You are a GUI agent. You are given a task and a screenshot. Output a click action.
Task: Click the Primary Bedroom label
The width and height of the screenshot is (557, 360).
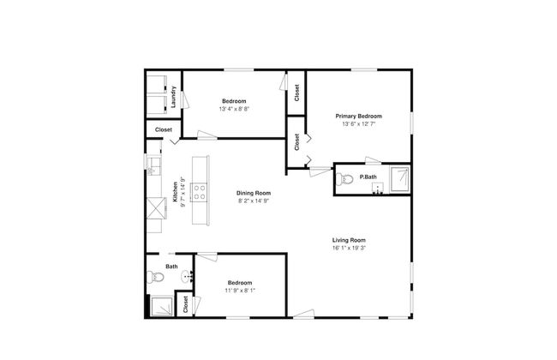click(x=359, y=117)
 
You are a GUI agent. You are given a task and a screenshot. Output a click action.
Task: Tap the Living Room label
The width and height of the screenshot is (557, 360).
click(x=349, y=240)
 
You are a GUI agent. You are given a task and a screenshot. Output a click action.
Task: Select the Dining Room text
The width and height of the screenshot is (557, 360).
click(x=254, y=194)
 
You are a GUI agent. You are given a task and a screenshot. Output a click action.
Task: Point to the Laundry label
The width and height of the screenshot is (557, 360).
click(x=174, y=97)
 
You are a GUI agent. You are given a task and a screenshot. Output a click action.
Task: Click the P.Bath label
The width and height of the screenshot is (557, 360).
click(x=368, y=177)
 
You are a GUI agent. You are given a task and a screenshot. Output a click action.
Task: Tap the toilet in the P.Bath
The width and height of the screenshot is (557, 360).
click(x=344, y=179)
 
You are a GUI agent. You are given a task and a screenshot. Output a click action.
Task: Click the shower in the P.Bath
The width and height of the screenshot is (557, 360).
click(x=400, y=179)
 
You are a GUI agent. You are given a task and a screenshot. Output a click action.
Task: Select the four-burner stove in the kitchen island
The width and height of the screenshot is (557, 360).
click(x=199, y=192)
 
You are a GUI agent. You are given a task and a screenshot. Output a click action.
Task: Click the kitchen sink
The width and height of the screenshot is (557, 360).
click(x=153, y=166)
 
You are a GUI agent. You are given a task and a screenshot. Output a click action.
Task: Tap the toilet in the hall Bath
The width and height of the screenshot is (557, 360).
click(x=155, y=277)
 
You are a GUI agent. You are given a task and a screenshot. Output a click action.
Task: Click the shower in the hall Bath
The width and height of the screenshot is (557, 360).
click(x=162, y=306)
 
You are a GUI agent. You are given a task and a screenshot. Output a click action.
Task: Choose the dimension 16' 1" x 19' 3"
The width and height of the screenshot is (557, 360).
click(x=349, y=248)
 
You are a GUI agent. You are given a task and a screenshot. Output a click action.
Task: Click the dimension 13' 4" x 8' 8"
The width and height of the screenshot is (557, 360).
click(x=234, y=109)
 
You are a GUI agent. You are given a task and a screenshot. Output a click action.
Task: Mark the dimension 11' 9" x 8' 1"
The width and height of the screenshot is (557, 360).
click(x=240, y=291)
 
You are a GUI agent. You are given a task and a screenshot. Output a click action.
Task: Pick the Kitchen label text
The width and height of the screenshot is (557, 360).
click(x=175, y=192)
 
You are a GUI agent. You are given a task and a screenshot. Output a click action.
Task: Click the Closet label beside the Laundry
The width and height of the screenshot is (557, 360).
click(x=164, y=130)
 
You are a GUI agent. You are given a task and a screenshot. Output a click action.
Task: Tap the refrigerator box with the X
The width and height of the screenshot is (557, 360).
click(x=156, y=208)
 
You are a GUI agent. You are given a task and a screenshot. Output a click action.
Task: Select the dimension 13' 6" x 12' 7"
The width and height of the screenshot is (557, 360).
click(x=359, y=124)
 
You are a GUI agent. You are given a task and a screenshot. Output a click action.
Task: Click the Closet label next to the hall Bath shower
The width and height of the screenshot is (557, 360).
click(x=185, y=304)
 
